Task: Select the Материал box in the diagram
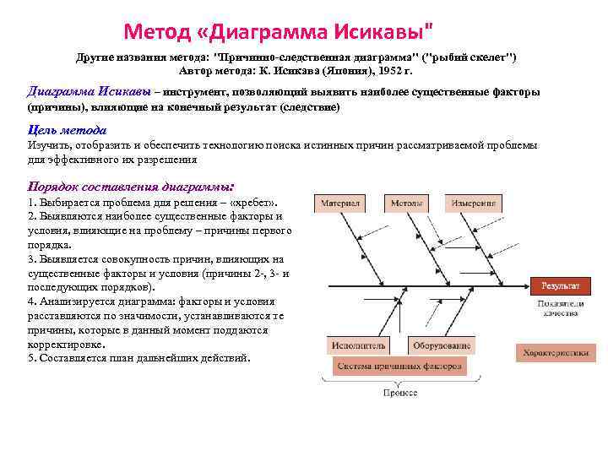click(x=339, y=204)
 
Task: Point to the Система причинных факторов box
click(x=397, y=366)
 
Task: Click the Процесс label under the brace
click(x=399, y=393)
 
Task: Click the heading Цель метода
click(x=67, y=130)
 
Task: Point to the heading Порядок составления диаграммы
click(x=130, y=186)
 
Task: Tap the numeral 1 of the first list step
click(x=31, y=204)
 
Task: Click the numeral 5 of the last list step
click(x=31, y=358)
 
